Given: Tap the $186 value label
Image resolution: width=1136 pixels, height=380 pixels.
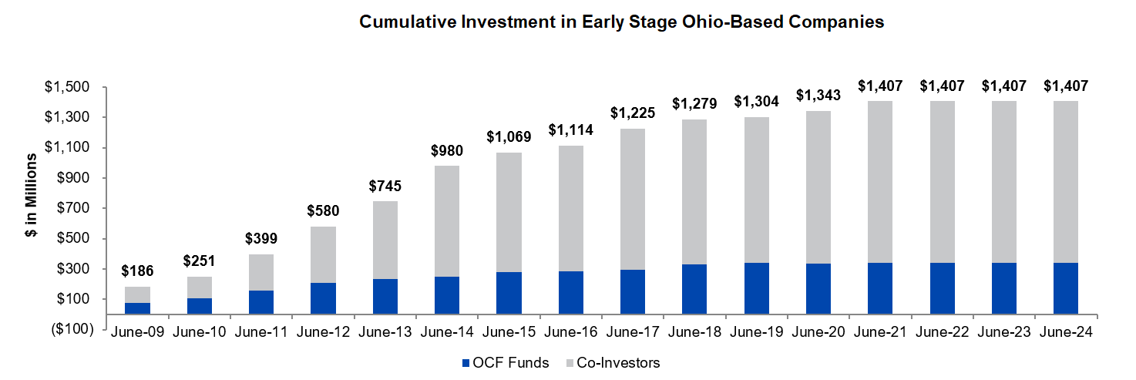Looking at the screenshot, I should click(137, 271).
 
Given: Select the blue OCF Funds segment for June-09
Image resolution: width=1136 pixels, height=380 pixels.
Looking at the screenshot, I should click(137, 308).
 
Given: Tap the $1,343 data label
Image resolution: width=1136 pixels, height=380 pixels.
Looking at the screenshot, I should click(818, 95).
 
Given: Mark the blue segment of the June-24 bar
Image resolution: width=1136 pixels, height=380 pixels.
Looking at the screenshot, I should click(1065, 288).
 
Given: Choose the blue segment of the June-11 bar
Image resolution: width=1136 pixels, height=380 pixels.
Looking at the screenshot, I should click(260, 302).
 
